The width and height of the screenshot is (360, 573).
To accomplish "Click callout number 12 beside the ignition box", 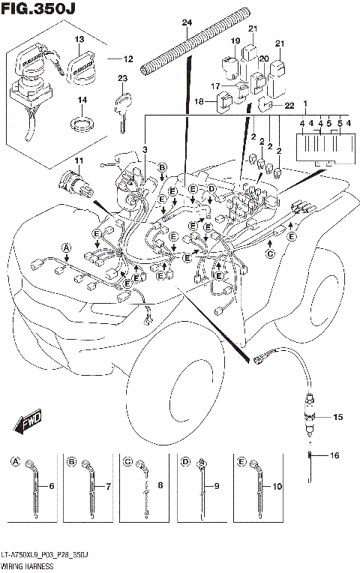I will coord(127,59).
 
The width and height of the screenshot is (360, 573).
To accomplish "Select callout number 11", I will coord(77,163).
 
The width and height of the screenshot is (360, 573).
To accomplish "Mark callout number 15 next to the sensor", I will coord(337,415).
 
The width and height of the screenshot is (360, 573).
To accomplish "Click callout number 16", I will coord(335,455).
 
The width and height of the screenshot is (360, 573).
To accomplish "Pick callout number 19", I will coord(235,40).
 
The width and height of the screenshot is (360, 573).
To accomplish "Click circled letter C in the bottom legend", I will coord(127,461).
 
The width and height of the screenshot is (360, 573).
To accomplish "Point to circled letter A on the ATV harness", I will coord(66,247).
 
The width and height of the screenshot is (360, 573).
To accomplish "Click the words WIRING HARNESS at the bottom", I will coord(26,568).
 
